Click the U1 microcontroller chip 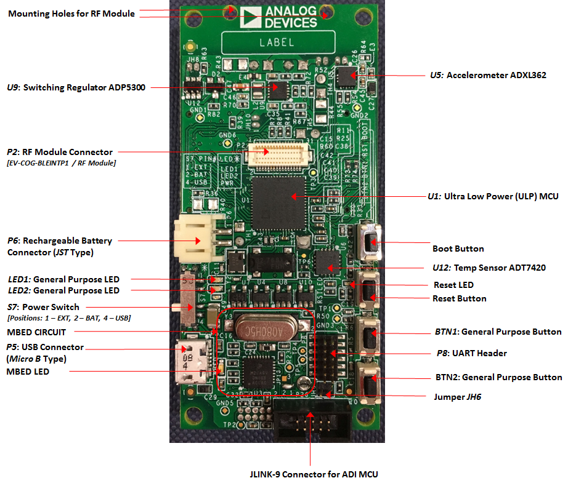pos(278,196)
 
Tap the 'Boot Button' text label pos(458,249)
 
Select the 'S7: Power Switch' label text pos(43,307)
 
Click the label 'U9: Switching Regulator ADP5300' pos(76,87)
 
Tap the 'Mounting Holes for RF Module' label pos(71,13)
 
